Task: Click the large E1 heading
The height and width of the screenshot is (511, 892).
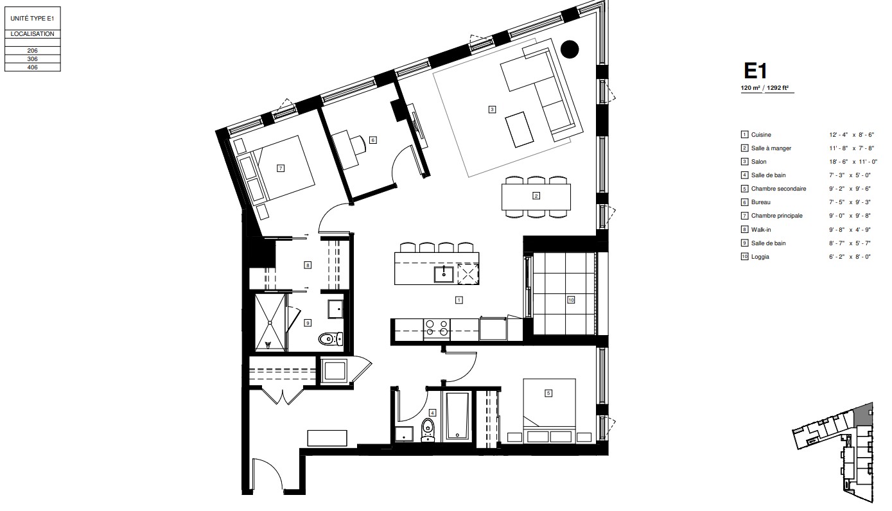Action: [756, 70]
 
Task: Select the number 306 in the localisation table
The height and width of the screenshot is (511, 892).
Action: [33, 58]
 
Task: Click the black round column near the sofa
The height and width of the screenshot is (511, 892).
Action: [569, 49]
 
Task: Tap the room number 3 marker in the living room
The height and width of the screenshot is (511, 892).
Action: [492, 109]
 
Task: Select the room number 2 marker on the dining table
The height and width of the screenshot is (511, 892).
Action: [536, 196]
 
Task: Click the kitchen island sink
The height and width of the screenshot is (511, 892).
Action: [444, 274]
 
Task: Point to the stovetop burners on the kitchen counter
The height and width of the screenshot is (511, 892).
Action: [436, 328]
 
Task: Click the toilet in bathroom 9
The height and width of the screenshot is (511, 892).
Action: [330, 338]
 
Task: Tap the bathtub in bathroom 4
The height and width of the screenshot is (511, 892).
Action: [457, 417]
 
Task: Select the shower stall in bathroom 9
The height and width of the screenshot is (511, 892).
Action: [270, 323]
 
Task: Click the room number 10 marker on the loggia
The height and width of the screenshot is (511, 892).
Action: [570, 299]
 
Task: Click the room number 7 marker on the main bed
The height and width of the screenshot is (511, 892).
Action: [280, 168]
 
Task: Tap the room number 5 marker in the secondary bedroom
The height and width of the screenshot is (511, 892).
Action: [548, 393]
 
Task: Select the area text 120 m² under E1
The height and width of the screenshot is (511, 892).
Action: [750, 89]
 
